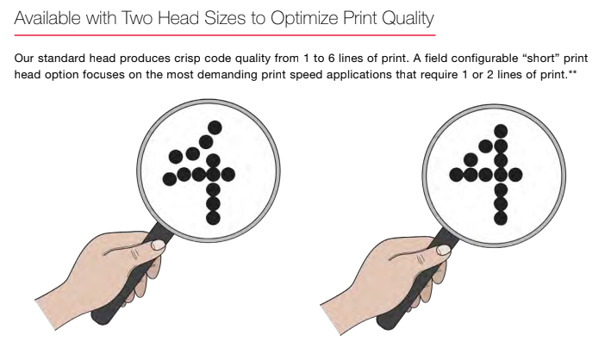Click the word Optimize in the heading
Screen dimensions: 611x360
point(304,19)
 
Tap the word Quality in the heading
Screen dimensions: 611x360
point(408,19)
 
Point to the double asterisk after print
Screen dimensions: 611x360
point(572,72)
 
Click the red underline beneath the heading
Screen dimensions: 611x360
point(225,35)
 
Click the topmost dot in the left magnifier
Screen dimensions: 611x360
point(215,127)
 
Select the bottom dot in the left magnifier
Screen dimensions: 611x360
point(213,218)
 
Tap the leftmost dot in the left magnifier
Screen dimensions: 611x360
point(170,180)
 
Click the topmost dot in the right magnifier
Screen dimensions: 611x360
point(501,131)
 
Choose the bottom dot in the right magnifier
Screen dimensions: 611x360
point(501,218)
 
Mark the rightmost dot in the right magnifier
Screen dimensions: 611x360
point(515,175)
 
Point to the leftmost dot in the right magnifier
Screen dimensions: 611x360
point(456,175)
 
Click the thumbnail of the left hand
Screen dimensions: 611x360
point(159,245)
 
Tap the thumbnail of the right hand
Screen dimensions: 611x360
point(444,250)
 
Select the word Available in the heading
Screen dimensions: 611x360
point(47,18)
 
